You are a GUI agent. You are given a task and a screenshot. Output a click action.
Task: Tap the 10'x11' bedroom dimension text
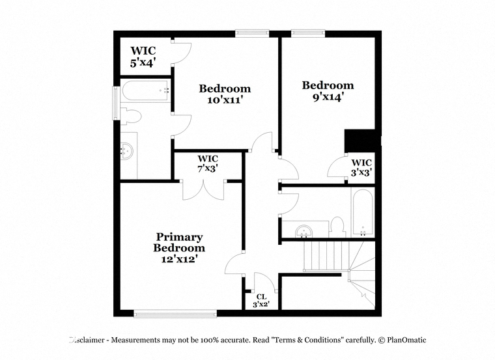coord(225,100)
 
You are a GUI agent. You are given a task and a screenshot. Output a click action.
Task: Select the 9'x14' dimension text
coord(328,97)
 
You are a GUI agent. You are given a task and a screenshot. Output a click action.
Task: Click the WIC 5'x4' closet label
coord(143,57)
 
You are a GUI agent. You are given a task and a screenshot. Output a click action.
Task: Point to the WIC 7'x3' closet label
coord(208,163)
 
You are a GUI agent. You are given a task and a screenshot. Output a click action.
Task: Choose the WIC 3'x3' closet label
coord(361,167)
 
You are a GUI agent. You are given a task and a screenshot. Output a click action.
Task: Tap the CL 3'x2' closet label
coord(261,301)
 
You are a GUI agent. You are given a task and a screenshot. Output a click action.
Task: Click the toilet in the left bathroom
coord(130,116)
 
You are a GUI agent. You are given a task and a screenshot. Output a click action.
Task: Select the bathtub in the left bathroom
coord(145,90)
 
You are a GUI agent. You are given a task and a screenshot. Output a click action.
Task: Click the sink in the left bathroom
coord(127,151)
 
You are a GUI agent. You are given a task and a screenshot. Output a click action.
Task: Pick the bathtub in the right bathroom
coord(363,212)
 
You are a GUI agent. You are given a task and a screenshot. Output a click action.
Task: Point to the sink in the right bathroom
coord(304,231)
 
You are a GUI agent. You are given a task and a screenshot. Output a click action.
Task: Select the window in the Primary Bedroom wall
coord(175,313)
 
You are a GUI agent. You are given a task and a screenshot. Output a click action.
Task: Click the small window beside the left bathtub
coord(117,103)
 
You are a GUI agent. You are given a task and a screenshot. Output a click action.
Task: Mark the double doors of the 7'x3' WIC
coord(204,190)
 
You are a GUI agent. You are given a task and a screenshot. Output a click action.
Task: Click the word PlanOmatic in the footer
coord(406,340)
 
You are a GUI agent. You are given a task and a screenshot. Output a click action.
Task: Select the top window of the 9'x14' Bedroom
coord(308,33)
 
